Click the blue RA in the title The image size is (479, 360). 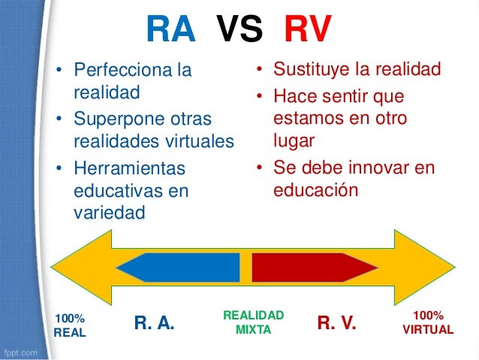pos(170,31)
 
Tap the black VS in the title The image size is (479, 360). pos(239,31)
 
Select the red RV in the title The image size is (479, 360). pos(307,31)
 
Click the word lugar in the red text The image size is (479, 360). pos(294,141)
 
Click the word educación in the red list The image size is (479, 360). pos(316,190)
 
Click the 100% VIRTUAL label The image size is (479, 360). pos(428,322)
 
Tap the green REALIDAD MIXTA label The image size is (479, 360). pos(254,322)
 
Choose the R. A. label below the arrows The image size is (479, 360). pos(154,324)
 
